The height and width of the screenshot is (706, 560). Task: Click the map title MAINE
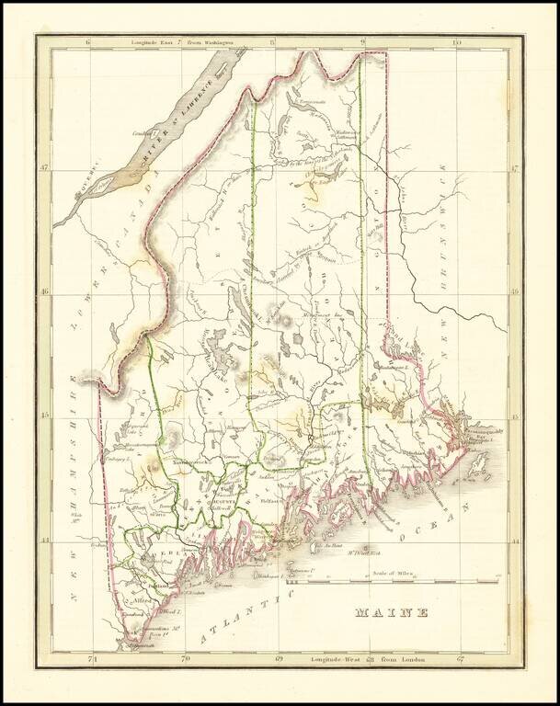390,612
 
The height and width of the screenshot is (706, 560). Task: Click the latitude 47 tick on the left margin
44,168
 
